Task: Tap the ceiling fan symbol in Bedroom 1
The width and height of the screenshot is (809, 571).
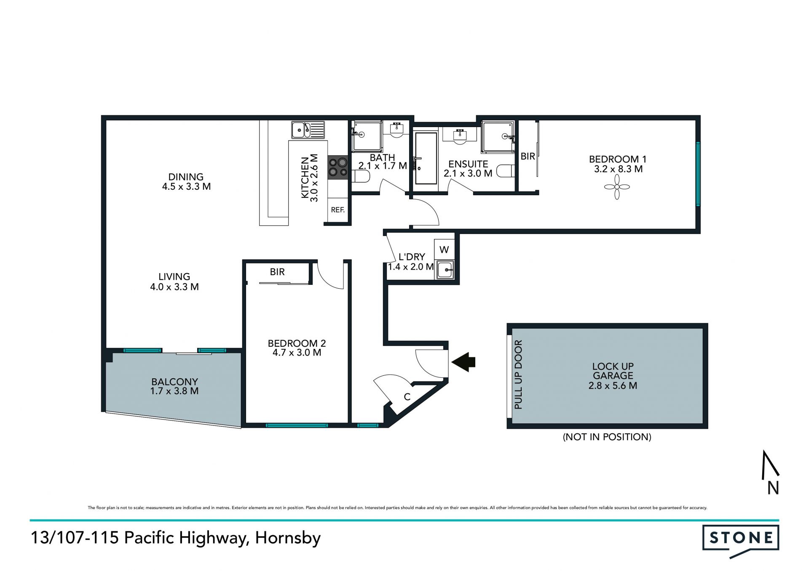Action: (x=617, y=187)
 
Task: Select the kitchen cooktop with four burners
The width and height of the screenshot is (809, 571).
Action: (x=338, y=167)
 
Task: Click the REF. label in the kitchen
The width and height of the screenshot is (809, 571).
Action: (x=338, y=210)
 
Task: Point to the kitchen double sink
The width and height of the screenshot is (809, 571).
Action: (x=308, y=130)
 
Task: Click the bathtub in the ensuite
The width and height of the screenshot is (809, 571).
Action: (x=426, y=158)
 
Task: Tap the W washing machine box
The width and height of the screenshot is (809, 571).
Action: (x=444, y=250)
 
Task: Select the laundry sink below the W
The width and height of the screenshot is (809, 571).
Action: (x=445, y=269)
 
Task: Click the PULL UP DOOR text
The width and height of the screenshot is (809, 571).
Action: (x=518, y=374)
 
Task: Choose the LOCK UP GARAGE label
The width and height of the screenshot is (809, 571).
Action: (x=613, y=371)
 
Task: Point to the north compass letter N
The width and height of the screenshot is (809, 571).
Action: (x=773, y=488)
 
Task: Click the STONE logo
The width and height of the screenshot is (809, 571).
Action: (x=741, y=541)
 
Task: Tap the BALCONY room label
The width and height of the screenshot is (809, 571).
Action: (x=174, y=382)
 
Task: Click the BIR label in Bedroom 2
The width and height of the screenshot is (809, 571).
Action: (x=277, y=272)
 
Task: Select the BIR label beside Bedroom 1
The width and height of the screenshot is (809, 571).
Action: (x=528, y=156)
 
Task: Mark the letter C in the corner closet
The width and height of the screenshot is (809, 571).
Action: (x=407, y=397)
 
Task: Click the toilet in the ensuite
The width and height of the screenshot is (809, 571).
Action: (x=506, y=171)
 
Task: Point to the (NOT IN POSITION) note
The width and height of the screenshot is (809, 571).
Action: (x=607, y=437)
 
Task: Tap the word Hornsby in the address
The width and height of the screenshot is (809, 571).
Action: (x=288, y=538)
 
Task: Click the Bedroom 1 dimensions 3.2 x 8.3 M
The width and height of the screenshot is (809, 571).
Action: (x=618, y=169)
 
